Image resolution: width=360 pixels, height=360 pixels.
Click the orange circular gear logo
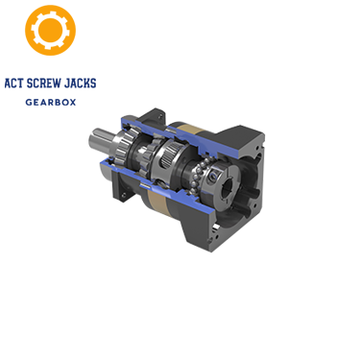[50, 31]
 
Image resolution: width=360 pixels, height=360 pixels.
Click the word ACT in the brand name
[15, 83]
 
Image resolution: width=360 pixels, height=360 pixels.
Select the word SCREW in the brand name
[45, 83]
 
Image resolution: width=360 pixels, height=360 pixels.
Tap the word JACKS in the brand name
[81, 83]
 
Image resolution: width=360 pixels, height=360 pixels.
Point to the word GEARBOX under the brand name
[51, 102]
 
